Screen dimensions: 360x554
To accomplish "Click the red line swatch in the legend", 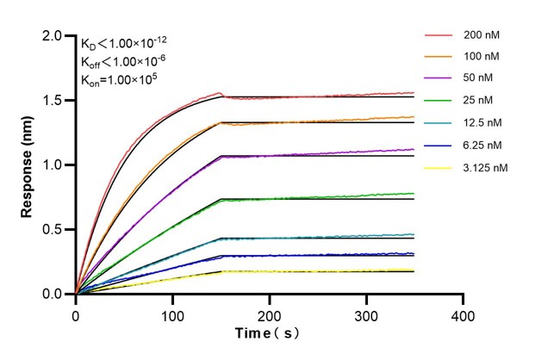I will pyautogui.click(x=439, y=35).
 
